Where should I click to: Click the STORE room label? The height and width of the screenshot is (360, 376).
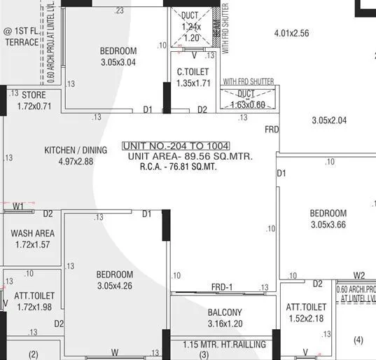click(x=33, y=95)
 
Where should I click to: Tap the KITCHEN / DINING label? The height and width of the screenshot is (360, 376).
click(x=76, y=150)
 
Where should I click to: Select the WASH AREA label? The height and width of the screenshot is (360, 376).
click(x=33, y=233)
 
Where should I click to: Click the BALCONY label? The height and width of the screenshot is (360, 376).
click(x=225, y=312)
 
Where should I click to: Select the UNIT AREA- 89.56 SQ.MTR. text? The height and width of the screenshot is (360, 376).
click(x=190, y=156)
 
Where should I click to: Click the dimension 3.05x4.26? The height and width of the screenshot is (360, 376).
click(x=115, y=286)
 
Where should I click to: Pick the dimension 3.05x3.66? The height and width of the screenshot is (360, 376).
click(x=328, y=225)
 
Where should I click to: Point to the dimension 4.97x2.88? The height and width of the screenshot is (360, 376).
click(x=76, y=161)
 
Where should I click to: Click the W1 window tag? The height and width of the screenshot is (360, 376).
click(x=18, y=206)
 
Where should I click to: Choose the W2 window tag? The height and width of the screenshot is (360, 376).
click(x=359, y=275)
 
